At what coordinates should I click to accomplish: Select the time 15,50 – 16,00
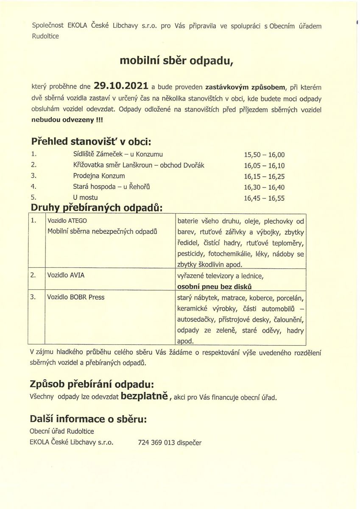(x=264, y=155)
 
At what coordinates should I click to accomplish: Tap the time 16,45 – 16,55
(x=264, y=198)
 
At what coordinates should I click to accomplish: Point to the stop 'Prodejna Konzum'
(x=99, y=176)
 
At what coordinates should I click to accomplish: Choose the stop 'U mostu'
(x=85, y=197)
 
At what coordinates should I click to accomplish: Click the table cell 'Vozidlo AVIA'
(x=66, y=275)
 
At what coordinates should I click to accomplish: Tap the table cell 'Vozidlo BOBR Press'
(x=76, y=297)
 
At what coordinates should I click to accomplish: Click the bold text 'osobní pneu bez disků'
(x=215, y=286)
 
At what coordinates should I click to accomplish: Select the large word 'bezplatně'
(x=145, y=397)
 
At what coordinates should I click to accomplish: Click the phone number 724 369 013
(x=156, y=442)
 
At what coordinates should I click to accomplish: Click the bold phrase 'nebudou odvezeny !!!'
(x=67, y=120)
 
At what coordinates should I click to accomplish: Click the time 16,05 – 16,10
(x=264, y=165)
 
